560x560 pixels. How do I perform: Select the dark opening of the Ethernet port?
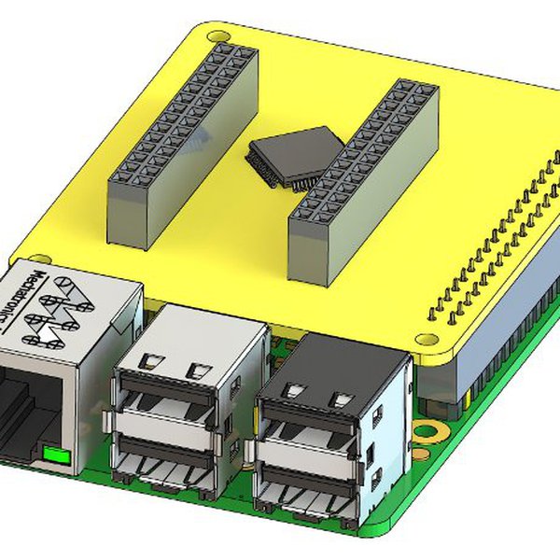(23, 411)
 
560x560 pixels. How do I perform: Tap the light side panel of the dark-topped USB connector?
(388, 439)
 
